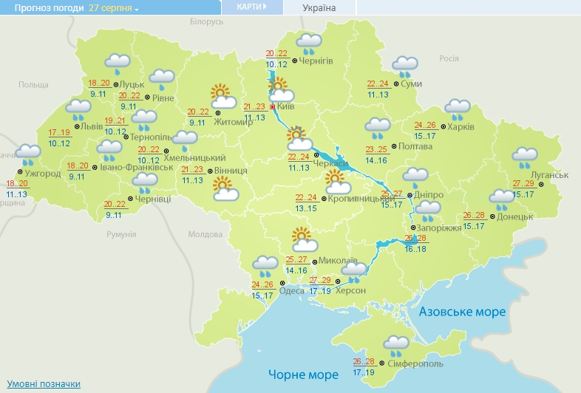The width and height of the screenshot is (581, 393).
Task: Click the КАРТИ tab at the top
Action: point(252,7)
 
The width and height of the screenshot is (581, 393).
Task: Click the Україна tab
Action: point(319,8)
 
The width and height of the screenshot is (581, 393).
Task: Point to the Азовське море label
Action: point(462,312)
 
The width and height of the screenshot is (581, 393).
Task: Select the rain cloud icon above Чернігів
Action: point(308,44)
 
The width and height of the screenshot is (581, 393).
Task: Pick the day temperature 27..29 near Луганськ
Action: point(523,183)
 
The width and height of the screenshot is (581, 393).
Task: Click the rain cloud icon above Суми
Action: point(404,66)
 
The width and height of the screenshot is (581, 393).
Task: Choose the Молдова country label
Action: point(205,234)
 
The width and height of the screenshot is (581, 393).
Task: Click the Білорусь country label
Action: point(206,22)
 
